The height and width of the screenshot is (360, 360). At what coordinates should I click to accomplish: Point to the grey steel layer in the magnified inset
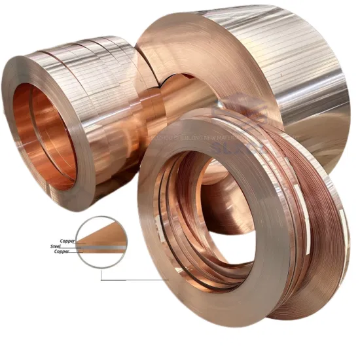click(105, 247)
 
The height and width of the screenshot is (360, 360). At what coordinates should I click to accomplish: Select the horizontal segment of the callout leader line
click(134, 279)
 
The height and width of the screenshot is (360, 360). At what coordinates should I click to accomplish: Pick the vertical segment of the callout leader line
click(101, 274)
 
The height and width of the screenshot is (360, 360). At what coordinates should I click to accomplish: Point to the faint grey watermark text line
click(216, 138)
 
